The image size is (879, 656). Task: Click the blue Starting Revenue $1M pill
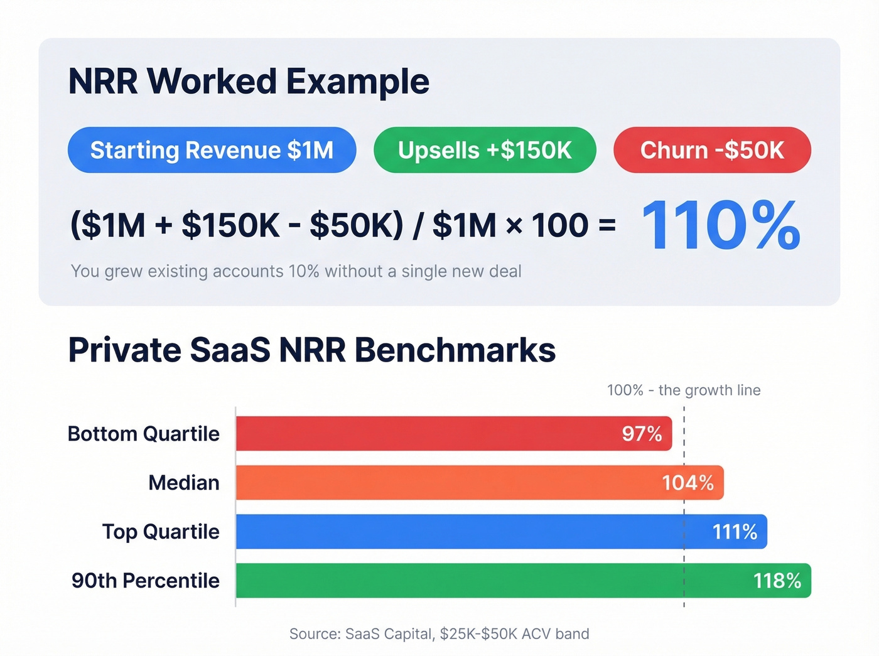212,150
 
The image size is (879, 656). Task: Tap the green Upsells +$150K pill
485,150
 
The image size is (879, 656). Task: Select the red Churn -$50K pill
712,150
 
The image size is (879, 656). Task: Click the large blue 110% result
721,225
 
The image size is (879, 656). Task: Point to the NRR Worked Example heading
249,82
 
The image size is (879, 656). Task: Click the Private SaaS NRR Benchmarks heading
312,350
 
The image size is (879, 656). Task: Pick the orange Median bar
439,483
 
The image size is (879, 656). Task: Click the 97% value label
642,434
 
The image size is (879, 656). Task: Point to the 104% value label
688,483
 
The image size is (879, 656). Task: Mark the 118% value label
777,581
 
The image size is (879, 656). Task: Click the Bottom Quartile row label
144,434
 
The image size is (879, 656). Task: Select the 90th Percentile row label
146,581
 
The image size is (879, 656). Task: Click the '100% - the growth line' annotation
684,390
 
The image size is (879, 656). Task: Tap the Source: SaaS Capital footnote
439,634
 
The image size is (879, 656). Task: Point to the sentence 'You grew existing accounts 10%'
296,271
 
